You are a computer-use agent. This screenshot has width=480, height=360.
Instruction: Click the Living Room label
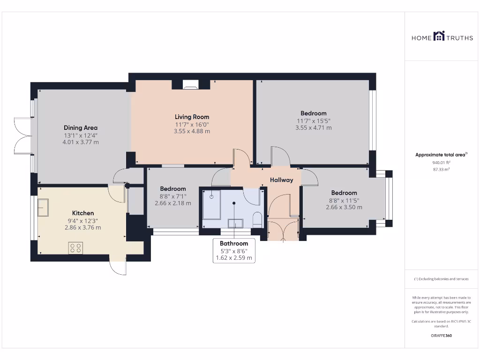[192, 117]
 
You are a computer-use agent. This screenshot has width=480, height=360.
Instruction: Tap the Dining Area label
[80, 127]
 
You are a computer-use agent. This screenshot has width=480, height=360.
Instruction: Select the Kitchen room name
[82, 213]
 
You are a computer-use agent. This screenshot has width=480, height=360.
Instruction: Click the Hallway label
[281, 180]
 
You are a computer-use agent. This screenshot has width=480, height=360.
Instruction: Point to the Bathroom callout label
[233, 243]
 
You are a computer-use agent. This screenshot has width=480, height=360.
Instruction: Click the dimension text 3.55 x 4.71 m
[313, 127]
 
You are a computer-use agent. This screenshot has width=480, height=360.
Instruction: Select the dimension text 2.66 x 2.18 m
[173, 203]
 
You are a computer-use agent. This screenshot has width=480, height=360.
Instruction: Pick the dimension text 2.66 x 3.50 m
[344, 207]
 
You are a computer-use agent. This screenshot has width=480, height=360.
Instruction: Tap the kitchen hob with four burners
[76, 247]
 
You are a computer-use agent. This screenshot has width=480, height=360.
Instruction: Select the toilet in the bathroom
[256, 219]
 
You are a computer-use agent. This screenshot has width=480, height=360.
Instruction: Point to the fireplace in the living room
[190, 85]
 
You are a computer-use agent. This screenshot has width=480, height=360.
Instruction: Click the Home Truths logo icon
[439, 36]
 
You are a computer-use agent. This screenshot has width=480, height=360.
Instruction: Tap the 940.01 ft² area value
[441, 163]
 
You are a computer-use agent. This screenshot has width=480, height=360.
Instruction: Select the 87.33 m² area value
[441, 169]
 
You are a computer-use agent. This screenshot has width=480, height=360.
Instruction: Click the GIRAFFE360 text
[441, 336]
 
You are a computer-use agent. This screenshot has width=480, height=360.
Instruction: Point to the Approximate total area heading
[441, 155]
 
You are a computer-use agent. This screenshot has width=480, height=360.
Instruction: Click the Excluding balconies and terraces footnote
[441, 279]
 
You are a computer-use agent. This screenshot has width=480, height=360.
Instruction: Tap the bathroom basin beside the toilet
[235, 223]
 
